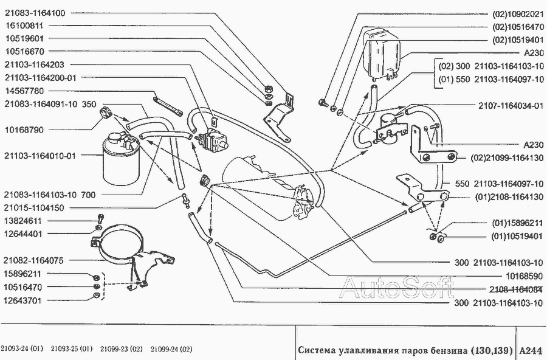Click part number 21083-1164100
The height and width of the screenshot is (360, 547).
pyautogui.click(x=35, y=13)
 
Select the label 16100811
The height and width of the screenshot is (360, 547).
pyautogui.click(x=24, y=26)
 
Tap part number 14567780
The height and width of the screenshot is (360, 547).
pyautogui.click(x=24, y=91)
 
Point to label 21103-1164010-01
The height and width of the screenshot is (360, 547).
pyautogui.click(x=40, y=156)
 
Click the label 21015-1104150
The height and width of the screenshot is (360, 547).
pyautogui.click(x=34, y=208)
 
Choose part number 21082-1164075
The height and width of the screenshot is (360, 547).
pyautogui.click(x=33, y=260)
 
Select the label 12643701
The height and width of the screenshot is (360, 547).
pyautogui.click(x=22, y=300)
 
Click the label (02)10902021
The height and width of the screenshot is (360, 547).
pyautogui.click(x=518, y=15)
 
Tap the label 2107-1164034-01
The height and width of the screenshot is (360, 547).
pyautogui.click(x=511, y=105)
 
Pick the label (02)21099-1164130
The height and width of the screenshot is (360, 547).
pyautogui.click(x=507, y=158)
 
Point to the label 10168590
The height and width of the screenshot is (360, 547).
pyautogui.click(x=525, y=276)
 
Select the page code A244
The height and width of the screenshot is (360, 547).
pyautogui.click(x=531, y=350)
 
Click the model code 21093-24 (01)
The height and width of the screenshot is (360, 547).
pyautogui.click(x=22, y=349)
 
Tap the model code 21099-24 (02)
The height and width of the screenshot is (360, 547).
pyautogui.click(x=171, y=349)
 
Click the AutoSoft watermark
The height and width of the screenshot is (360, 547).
pyautogui.click(x=397, y=288)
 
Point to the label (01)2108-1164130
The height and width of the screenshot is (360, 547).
pyautogui.click(x=509, y=197)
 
